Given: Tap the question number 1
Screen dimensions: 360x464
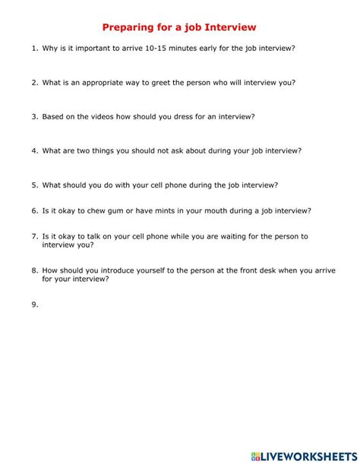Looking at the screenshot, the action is pos(35,49).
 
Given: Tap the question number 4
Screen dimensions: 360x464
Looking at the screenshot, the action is pos(35,150).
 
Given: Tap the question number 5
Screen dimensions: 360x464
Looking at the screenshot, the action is pos(35,185).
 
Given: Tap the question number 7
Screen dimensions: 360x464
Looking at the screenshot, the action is pos(35,236).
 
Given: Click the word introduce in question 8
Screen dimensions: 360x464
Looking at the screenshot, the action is pos(128,270).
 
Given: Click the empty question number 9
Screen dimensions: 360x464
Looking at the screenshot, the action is pos(35,304).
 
